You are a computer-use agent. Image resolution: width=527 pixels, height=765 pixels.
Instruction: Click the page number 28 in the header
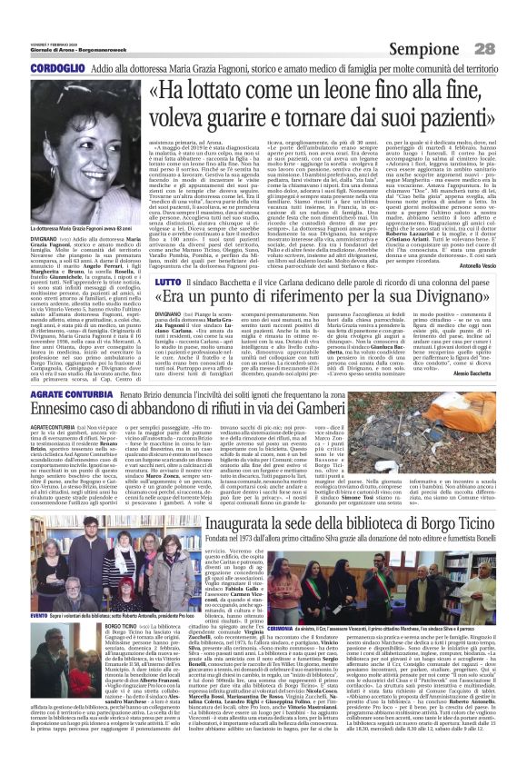click(511, 46)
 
